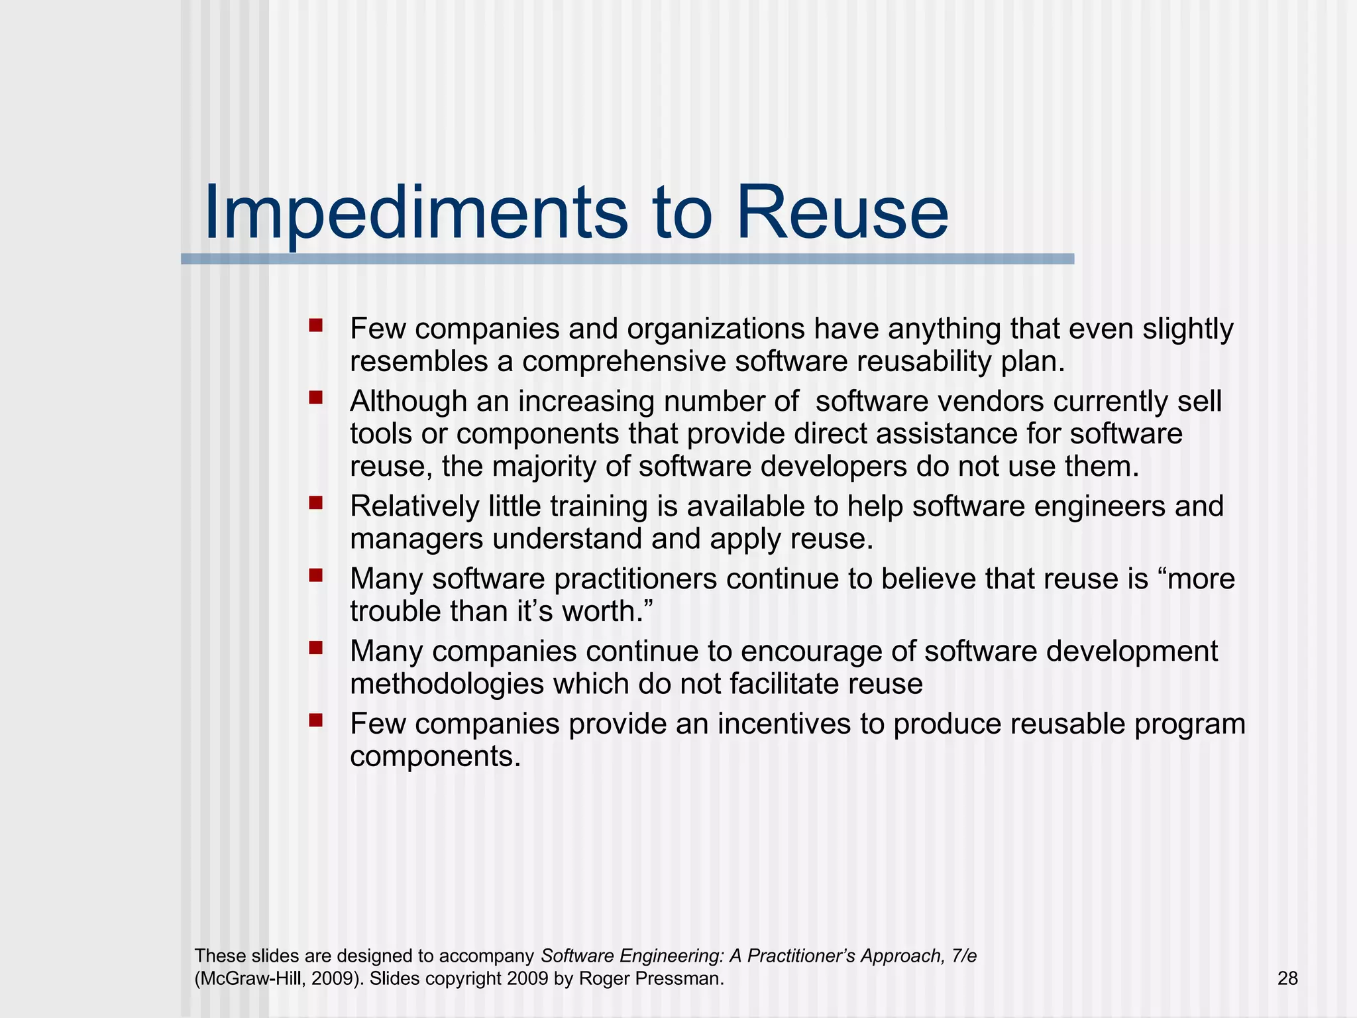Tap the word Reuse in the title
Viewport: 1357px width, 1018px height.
pos(842,213)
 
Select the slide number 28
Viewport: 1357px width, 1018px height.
pos(1287,978)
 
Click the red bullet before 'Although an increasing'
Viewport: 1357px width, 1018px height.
pos(315,398)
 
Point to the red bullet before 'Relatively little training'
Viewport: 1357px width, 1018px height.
pos(315,503)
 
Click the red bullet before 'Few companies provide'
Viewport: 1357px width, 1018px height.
pos(315,720)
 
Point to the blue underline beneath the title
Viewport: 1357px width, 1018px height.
pos(627,259)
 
